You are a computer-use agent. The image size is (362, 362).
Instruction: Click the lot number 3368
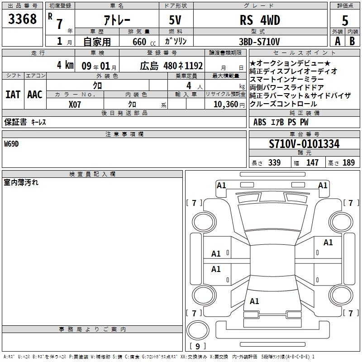(22, 19)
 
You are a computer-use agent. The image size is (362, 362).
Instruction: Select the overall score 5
(345, 20)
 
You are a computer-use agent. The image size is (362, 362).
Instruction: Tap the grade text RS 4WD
(260, 20)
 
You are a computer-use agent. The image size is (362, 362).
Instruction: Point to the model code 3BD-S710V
(259, 42)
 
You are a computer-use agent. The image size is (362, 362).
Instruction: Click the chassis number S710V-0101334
(304, 144)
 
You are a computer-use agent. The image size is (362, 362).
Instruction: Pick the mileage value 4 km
(65, 65)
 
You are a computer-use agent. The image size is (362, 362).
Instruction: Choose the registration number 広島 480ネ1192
(171, 66)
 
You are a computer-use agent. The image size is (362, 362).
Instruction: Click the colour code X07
(75, 105)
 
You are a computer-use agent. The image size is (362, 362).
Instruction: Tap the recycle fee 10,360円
(229, 105)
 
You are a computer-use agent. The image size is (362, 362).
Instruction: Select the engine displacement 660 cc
(144, 42)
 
